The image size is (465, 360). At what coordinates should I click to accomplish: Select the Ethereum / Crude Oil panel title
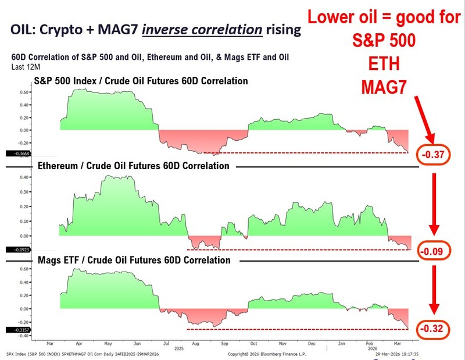coord(134,166)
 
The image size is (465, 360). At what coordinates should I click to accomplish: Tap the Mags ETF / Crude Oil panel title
coord(134,260)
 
